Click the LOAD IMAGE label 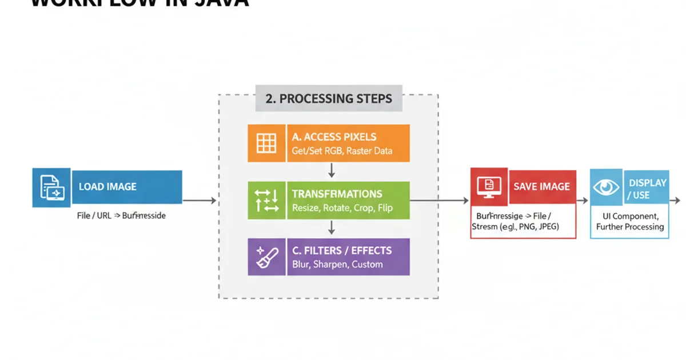point(107,186)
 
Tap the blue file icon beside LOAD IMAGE point(51,187)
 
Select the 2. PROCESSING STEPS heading point(329,98)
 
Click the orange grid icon point(266,143)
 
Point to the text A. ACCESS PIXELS point(334,137)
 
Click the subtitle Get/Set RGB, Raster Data point(342,151)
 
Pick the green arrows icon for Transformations point(266,201)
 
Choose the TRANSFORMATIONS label point(337,194)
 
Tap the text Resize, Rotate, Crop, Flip point(342,208)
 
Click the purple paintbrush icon point(266,257)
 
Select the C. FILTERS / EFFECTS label point(341,250)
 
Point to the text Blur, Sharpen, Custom point(337,265)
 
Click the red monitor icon point(489,186)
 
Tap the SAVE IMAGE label point(541,186)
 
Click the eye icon point(607,187)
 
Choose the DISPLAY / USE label point(647,189)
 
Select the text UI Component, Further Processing point(630,222)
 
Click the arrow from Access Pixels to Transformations point(331,171)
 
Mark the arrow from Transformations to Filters point(331,228)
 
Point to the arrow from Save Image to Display point(583,201)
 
